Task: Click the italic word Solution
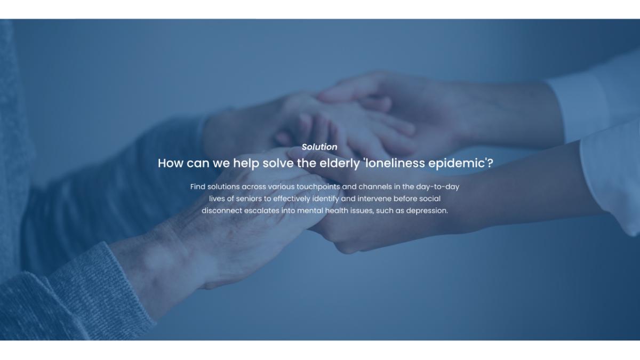pyautogui.click(x=319, y=147)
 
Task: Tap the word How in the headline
pyautogui.click(x=170, y=163)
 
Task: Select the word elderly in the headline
pyautogui.click(x=339, y=164)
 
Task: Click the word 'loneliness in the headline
pyautogui.click(x=394, y=163)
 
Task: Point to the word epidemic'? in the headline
pyautogui.click(x=461, y=164)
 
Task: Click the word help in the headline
pyautogui.click(x=246, y=164)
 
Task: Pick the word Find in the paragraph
pyautogui.click(x=198, y=187)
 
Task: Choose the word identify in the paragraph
pyautogui.click(x=325, y=199)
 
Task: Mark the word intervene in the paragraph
pyautogui.click(x=374, y=198)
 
